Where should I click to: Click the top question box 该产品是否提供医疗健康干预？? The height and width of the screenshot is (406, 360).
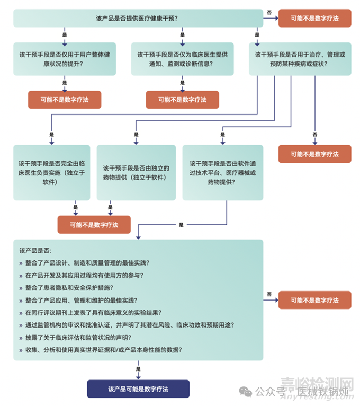(x=138, y=18)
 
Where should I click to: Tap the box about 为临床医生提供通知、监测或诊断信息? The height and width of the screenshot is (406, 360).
(x=182, y=59)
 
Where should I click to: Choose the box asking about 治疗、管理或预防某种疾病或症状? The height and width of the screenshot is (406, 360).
(x=300, y=59)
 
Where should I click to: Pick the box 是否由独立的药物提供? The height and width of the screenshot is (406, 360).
(x=136, y=173)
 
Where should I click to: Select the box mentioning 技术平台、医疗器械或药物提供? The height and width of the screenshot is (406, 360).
(x=222, y=173)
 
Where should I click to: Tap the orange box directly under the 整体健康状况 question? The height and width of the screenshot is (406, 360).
(x=65, y=100)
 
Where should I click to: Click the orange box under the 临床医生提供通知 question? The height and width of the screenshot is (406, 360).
(x=182, y=100)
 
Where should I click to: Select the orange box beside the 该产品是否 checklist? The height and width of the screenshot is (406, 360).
(x=314, y=300)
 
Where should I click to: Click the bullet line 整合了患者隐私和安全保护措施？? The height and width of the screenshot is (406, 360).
(x=69, y=288)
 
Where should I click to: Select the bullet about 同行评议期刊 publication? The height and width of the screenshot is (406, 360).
(x=93, y=312)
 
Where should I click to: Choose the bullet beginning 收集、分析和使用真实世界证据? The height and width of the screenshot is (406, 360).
(x=103, y=349)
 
